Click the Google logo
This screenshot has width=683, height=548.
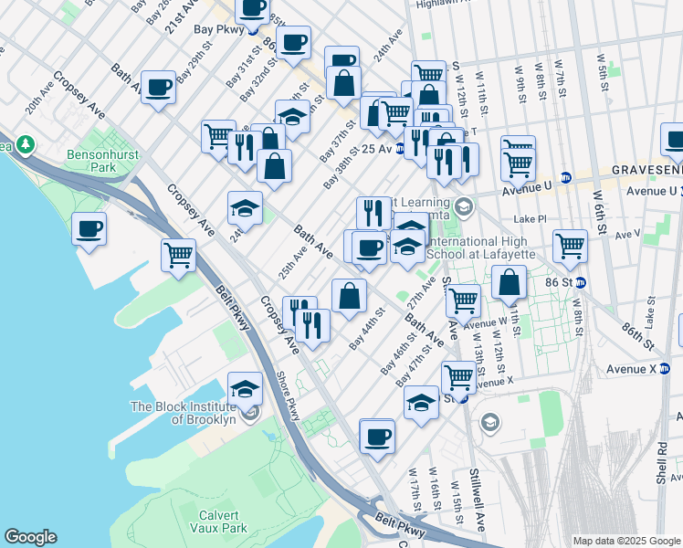(30, 537)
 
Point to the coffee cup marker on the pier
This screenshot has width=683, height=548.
(89, 229)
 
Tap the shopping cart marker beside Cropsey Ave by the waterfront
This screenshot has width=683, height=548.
(178, 255)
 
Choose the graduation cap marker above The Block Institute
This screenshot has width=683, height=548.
(245, 389)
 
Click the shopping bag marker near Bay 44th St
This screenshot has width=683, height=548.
(349, 295)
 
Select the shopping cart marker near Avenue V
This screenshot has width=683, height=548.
(570, 246)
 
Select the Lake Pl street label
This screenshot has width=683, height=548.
(530, 219)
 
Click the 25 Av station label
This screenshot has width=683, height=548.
(376, 148)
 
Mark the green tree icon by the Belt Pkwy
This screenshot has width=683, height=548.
(25, 143)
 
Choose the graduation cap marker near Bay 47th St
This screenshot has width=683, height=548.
(421, 401)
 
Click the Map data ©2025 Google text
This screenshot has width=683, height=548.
(626, 540)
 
